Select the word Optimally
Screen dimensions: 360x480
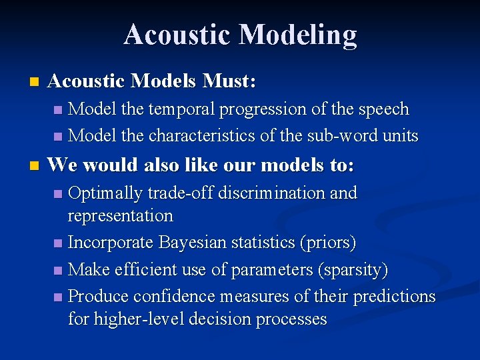point(105,193)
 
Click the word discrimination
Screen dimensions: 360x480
point(281,193)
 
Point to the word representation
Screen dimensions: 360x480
point(120,216)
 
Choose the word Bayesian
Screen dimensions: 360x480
point(201,243)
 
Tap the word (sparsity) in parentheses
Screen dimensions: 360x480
point(353,269)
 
